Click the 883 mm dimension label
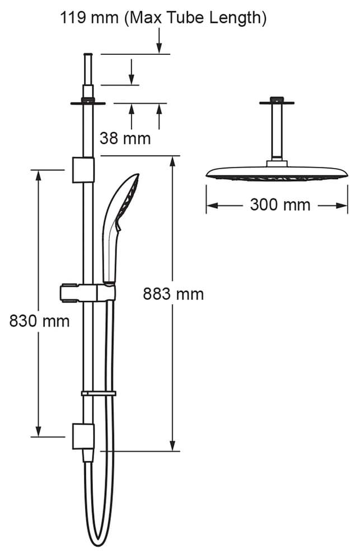[173, 294]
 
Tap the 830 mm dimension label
[39, 321]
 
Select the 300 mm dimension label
[280, 204]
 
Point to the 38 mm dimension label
[125, 138]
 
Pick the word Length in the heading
[237, 18]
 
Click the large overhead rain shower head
[277, 173]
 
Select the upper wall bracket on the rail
[83, 169]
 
